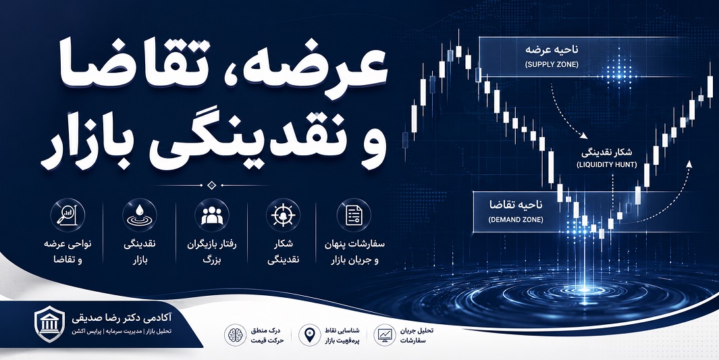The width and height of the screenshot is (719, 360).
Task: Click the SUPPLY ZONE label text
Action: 552,65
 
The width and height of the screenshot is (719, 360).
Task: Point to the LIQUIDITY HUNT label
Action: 606,164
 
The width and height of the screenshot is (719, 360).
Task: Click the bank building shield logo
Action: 49,324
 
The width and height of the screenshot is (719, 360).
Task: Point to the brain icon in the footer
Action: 235,335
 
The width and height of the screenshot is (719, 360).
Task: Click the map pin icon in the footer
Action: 309,335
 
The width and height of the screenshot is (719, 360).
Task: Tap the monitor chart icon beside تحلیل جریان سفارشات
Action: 384,335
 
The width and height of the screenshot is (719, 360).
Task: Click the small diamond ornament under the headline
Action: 211,185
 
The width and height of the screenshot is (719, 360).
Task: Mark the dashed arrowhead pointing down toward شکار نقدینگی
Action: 584,136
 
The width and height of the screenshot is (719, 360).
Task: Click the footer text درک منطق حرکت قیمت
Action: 268,336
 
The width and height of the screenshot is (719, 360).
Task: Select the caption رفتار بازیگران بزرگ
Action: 212,252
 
